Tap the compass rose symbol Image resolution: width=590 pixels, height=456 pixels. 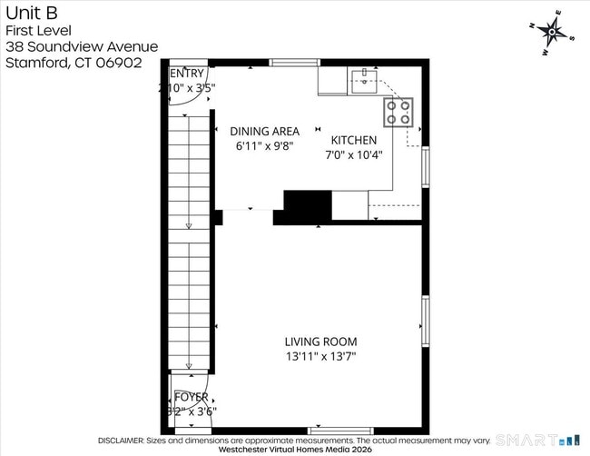point(551,34)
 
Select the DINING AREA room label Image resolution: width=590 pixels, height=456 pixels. point(264,131)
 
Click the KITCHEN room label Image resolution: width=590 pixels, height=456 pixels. point(353,140)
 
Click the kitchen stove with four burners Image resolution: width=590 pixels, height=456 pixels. point(398,111)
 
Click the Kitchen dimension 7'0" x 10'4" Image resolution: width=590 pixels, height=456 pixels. point(355,154)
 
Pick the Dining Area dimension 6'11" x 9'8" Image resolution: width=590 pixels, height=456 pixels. point(264,145)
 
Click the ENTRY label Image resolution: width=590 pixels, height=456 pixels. point(187,73)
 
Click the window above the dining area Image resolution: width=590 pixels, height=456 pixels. point(294,62)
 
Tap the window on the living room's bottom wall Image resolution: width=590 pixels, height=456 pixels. point(339,431)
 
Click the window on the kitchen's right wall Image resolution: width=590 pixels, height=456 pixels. point(425,167)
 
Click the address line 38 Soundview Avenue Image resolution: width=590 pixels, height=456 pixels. point(81,47)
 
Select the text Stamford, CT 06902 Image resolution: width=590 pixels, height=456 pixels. point(74,64)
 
